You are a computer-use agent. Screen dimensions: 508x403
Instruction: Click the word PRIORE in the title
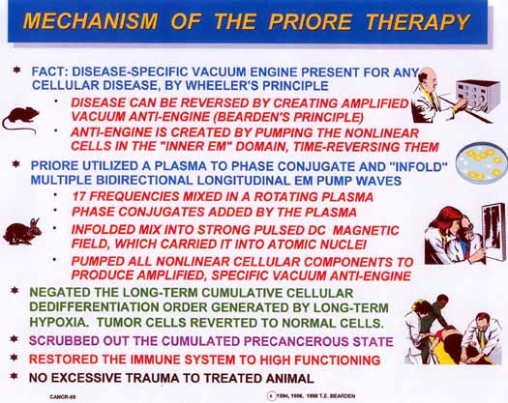pos(310,21)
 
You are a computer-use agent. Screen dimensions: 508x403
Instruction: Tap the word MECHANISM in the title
pos(91,21)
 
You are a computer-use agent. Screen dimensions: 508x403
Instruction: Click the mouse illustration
pos(20,119)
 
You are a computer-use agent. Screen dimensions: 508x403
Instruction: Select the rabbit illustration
pos(22,232)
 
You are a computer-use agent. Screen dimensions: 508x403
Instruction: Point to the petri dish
pos(482,162)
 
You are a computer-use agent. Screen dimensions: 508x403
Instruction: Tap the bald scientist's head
pos(427,77)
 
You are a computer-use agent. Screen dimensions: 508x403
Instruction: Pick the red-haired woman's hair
pos(444,219)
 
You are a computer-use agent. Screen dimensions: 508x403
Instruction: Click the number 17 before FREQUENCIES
pos(79,196)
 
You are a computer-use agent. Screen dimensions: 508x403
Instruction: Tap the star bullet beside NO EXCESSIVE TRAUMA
pos(14,376)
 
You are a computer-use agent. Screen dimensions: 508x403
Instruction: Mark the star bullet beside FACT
pos(16,70)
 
